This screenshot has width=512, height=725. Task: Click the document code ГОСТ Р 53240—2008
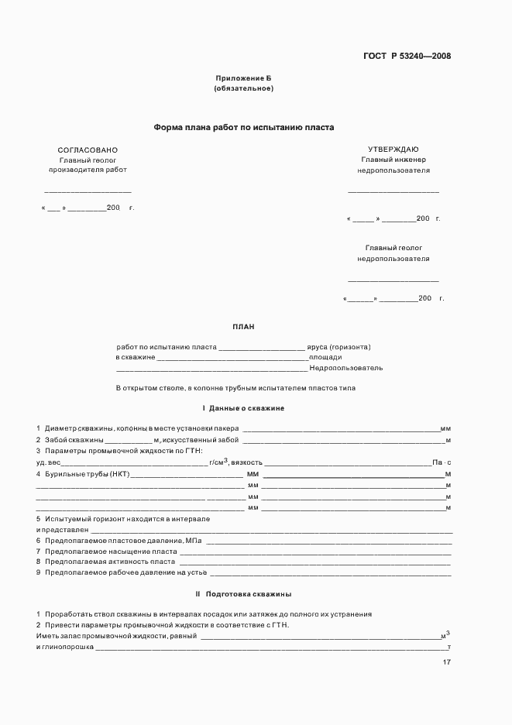point(407,56)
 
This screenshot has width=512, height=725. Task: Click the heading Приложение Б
point(243,79)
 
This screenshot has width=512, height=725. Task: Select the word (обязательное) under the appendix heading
point(243,89)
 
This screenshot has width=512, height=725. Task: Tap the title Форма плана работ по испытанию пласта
point(243,128)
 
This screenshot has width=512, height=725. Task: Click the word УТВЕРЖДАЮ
point(393,149)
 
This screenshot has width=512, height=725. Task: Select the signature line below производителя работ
point(88,191)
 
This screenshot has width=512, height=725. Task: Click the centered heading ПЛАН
point(243,327)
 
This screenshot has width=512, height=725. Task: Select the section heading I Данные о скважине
point(243,407)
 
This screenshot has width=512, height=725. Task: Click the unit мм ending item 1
point(445,429)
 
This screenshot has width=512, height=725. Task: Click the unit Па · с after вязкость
point(442,462)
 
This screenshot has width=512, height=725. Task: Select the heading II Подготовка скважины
point(243,594)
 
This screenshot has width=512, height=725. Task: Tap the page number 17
point(446,662)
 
